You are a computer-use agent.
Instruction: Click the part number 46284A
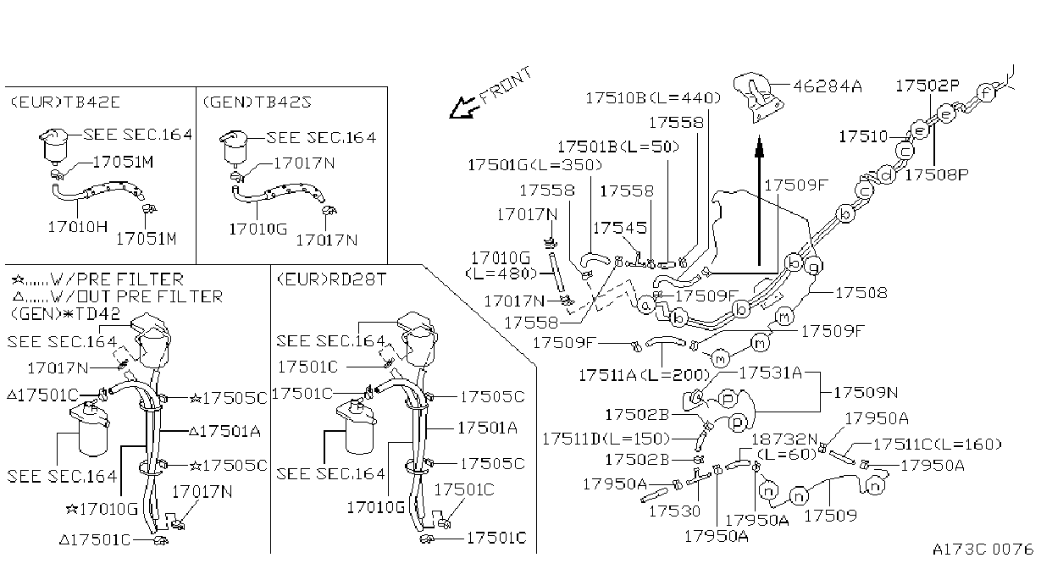tap(828, 86)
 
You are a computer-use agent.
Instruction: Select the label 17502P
tap(927, 86)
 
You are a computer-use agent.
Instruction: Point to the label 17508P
tap(937, 174)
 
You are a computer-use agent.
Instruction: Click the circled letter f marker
tap(986, 93)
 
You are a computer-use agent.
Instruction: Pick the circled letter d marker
tap(886, 175)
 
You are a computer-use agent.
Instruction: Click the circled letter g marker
tap(813, 267)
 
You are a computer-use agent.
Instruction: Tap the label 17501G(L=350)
tap(535, 165)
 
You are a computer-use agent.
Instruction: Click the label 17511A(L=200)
tap(645, 375)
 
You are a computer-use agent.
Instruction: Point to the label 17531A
tap(771, 373)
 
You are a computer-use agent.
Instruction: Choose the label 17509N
tap(866, 393)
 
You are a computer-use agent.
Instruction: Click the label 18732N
tap(784, 439)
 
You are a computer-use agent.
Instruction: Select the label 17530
tap(674, 511)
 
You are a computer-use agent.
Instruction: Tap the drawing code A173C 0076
tap(983, 550)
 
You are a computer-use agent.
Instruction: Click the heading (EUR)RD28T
tap(331, 279)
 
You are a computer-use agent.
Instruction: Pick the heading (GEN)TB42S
tap(257, 102)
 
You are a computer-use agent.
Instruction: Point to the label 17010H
tap(78, 227)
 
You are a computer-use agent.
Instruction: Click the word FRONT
tap(506, 86)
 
